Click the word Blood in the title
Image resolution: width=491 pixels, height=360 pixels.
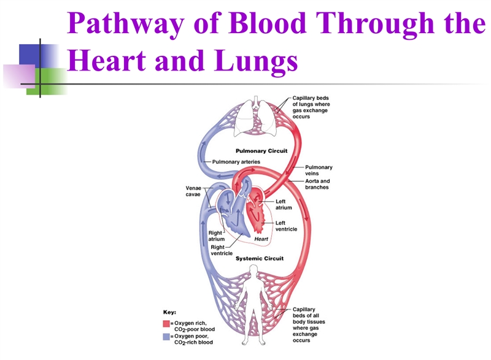click(x=268, y=23)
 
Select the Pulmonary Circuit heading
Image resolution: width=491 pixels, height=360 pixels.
click(x=261, y=151)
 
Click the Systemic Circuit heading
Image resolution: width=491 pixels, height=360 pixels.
click(x=260, y=258)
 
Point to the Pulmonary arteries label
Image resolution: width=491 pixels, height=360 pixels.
click(x=236, y=162)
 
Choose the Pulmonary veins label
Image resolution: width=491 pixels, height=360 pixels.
click(x=319, y=170)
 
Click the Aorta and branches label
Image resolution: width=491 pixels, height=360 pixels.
click(x=317, y=184)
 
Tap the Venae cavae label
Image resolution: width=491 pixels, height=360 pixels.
click(x=193, y=191)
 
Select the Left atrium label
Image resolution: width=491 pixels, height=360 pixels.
click(x=284, y=205)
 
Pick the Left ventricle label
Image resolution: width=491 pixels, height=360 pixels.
click(x=286, y=226)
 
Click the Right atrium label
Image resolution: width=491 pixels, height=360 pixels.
click(x=217, y=236)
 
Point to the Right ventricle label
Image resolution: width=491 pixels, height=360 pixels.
click(x=222, y=250)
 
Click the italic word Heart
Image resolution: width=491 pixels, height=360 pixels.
click(x=261, y=239)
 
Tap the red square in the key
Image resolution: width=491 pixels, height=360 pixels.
click(x=166, y=323)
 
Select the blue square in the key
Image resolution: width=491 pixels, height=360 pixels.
click(x=166, y=337)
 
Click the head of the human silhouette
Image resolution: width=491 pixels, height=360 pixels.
click(x=254, y=270)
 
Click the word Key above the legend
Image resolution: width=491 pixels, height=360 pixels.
click(x=170, y=312)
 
